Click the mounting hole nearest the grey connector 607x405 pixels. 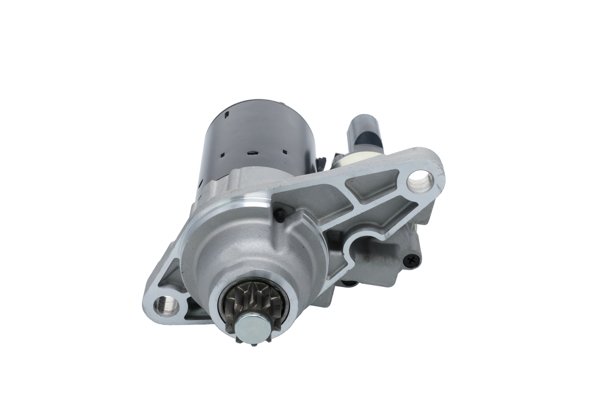tap(420, 181)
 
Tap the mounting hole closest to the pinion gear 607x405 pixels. tap(166, 305)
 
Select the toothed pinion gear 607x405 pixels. tap(251, 303)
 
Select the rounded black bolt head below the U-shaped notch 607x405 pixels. tap(350, 283)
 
